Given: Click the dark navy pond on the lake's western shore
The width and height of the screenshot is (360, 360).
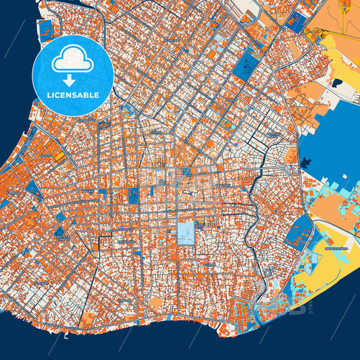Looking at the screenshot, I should point(307,162).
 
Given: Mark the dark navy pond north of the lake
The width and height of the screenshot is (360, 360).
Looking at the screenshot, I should point(336,83).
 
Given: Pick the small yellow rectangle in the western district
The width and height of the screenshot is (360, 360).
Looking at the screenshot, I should point(59,156).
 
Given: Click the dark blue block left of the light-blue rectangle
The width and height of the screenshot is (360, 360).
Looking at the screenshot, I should point(133,196).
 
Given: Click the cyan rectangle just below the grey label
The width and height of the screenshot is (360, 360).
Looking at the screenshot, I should point(326,259).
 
